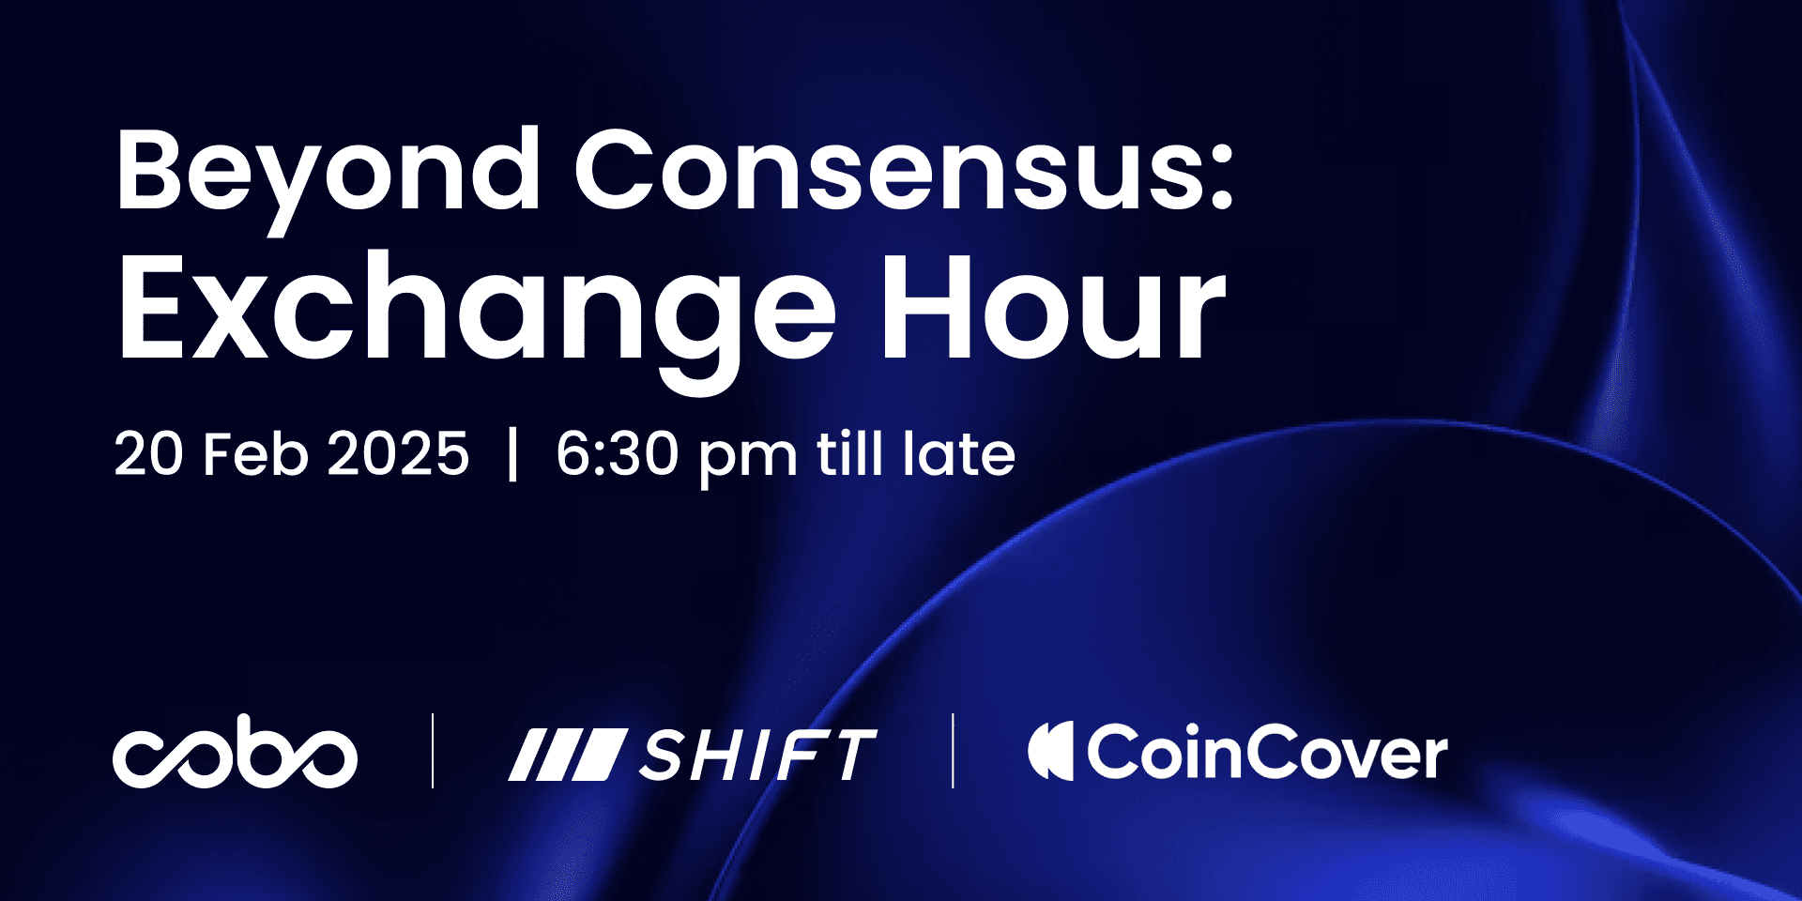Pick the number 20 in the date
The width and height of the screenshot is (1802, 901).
click(x=148, y=454)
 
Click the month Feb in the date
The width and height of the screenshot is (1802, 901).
click(x=255, y=454)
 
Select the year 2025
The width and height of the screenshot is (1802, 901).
click(x=398, y=454)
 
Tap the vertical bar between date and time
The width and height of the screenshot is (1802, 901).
click(x=512, y=454)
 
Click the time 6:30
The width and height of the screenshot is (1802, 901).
click(x=617, y=454)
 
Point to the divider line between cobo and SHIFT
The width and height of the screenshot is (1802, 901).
click(x=433, y=751)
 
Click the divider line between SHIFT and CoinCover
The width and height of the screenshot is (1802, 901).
click(x=953, y=751)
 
